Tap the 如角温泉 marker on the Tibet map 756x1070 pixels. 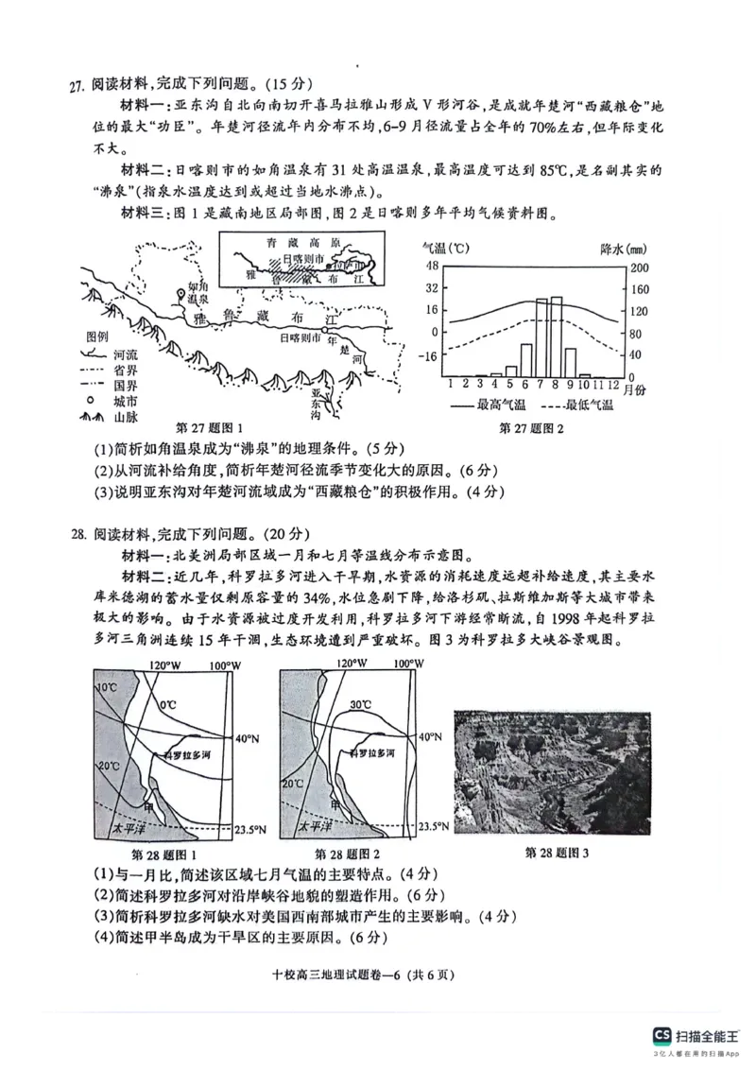click(x=180, y=294)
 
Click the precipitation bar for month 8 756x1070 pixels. click(x=557, y=337)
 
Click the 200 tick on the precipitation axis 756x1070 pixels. click(x=639, y=267)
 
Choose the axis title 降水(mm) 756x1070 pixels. click(x=623, y=249)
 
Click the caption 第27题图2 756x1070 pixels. click(x=531, y=428)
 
